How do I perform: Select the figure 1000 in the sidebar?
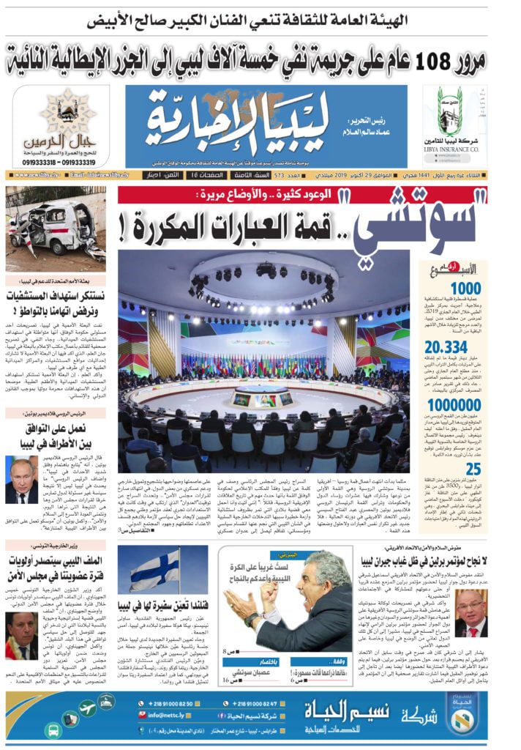pos(465,288)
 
